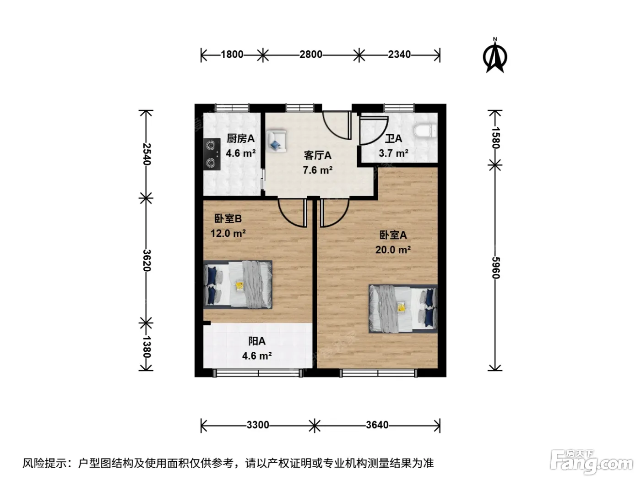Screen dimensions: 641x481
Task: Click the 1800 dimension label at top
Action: point(232,55)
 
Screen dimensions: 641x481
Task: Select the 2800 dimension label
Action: point(311,55)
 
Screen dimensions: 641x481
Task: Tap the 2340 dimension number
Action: point(399,55)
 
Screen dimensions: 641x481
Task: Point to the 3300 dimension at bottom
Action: point(258,425)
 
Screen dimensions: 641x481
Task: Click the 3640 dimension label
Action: point(377,425)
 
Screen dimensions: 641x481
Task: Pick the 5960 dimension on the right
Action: point(496,268)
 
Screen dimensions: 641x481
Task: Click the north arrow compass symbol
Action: point(494,55)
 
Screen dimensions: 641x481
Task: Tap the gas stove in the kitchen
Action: point(212,154)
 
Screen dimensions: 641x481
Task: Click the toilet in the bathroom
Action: point(425,131)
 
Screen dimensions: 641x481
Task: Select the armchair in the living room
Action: point(276,141)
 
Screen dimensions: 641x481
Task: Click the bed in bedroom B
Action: point(238,284)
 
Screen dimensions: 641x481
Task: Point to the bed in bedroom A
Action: point(403,309)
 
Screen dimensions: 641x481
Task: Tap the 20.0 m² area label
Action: point(393,250)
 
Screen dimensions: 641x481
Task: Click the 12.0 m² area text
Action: point(228,233)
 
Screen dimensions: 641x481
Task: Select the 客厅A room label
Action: point(317,155)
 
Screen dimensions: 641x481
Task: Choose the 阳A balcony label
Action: point(257,341)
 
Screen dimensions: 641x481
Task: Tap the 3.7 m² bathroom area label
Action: point(393,153)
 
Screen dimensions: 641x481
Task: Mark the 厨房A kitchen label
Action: point(241,138)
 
